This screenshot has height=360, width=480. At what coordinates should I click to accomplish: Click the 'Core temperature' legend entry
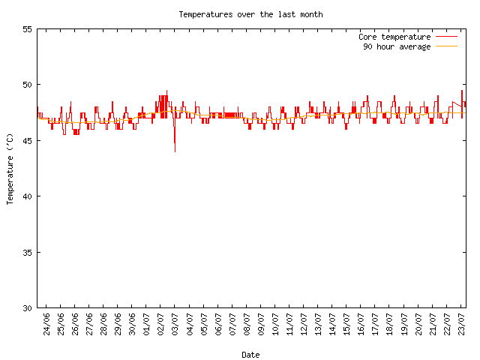tap(394, 37)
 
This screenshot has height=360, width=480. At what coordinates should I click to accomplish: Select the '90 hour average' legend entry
tap(397, 46)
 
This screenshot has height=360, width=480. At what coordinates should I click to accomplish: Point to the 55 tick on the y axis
tap(28, 29)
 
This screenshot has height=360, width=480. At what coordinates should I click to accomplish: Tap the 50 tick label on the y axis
tap(28, 85)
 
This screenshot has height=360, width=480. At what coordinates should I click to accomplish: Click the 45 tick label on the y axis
tap(28, 140)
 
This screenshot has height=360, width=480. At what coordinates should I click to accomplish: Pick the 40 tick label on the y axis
tap(28, 196)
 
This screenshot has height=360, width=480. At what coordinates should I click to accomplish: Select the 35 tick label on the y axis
tap(28, 252)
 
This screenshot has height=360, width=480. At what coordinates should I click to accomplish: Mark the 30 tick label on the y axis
tap(28, 307)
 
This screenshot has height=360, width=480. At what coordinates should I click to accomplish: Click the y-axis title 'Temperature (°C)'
tap(10, 169)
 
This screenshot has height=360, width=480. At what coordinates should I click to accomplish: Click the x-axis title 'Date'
tap(250, 355)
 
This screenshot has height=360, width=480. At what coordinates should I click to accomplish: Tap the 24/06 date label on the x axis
tap(47, 325)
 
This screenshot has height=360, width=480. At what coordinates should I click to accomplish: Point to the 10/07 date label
tap(275, 325)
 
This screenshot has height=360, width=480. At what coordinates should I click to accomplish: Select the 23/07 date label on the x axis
tap(461, 325)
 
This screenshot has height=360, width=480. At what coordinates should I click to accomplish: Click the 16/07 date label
tap(361, 325)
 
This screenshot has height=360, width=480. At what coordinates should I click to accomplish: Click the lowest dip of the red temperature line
tap(175, 151)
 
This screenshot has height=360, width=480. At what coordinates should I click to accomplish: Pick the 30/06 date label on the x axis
tap(133, 325)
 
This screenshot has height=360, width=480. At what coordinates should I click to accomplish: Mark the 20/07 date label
tap(418, 325)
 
